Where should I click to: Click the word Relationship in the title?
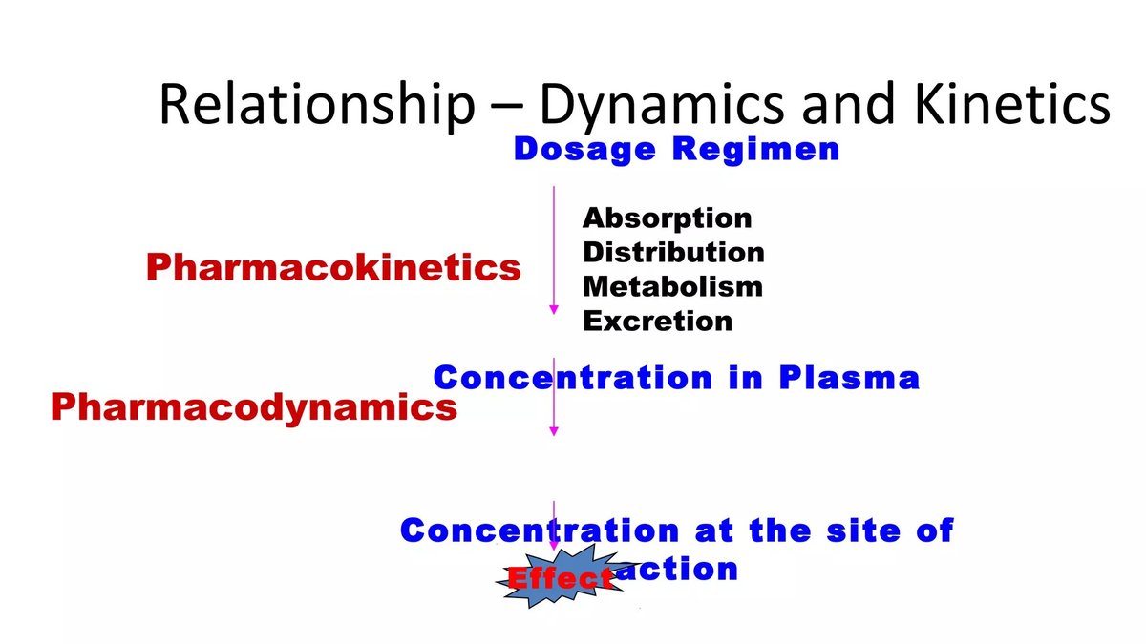click(x=315, y=105)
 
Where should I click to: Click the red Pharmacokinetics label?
click(x=333, y=268)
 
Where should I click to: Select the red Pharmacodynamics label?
click(x=253, y=408)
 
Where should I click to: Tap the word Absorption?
click(x=667, y=218)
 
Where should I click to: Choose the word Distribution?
click(x=673, y=253)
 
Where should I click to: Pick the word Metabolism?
click(x=672, y=286)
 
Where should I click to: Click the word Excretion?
click(x=657, y=321)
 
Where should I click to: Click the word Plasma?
click(x=849, y=378)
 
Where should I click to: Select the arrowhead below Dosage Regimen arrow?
click(x=553, y=309)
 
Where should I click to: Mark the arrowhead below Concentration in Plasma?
click(x=553, y=431)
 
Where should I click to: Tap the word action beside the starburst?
click(x=689, y=570)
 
